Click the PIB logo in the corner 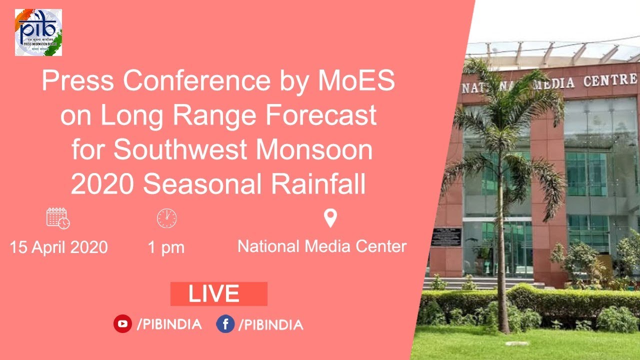point(38,32)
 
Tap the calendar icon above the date point(58,218)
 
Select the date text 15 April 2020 point(58,247)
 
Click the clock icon point(166,218)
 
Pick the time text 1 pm point(166,247)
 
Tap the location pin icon point(330,218)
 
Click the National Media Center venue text point(322,246)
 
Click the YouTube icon point(122,324)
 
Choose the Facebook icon point(225,324)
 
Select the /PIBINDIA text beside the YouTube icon point(169,324)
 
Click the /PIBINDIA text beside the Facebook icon point(270,325)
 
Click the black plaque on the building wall point(446,237)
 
